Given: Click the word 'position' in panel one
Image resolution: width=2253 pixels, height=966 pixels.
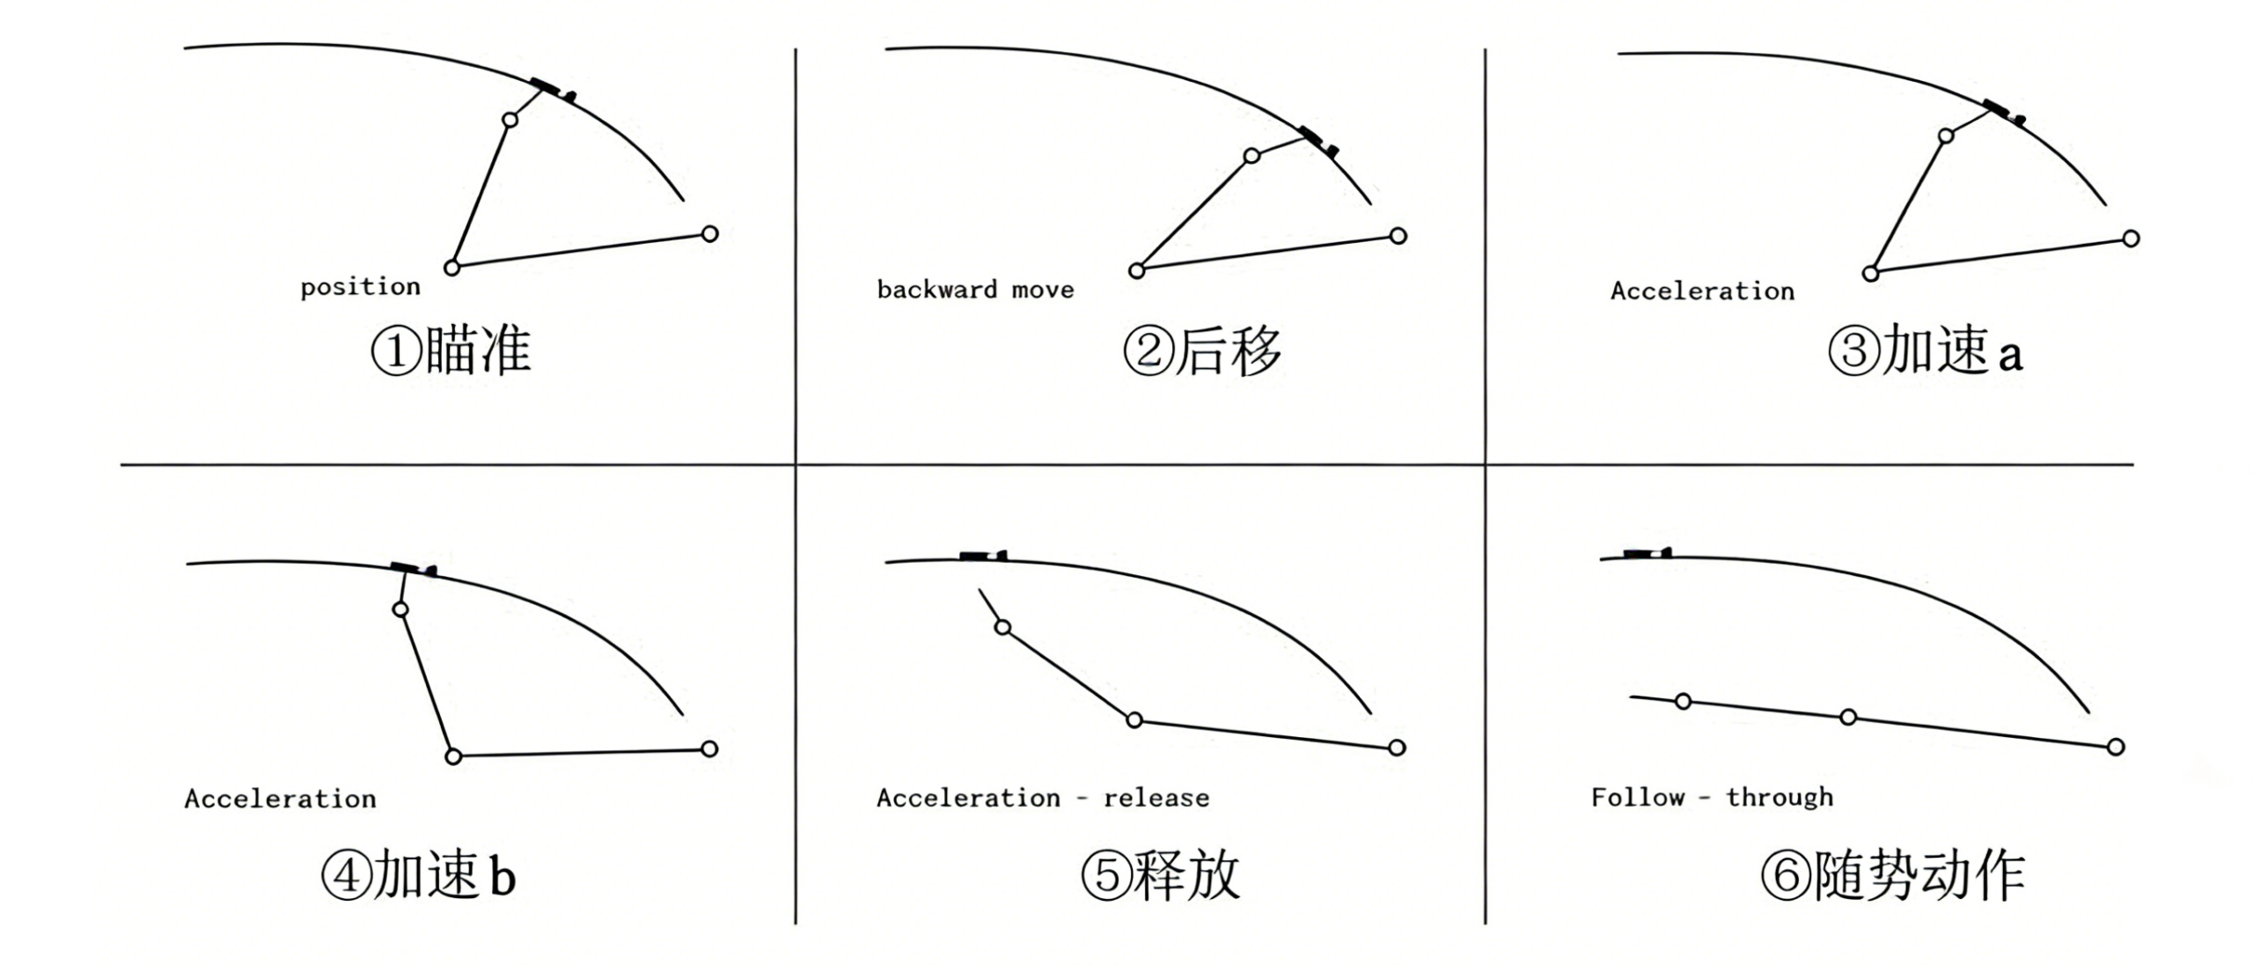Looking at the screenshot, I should (x=360, y=287).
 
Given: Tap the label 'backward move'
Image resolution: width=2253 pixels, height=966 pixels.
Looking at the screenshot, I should (x=975, y=290).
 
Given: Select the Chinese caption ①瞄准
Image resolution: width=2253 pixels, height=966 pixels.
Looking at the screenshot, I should (x=451, y=350).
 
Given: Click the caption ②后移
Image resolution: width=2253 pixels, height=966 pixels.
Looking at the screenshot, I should (x=1202, y=350).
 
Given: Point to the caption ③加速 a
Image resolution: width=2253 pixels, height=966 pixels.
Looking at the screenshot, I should (x=1926, y=350).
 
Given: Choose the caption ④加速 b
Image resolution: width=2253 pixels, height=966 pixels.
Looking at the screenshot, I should (x=418, y=875).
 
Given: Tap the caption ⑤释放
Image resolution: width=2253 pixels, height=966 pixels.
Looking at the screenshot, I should (x=1160, y=875).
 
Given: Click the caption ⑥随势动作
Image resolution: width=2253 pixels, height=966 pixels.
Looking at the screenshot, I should (x=1892, y=875).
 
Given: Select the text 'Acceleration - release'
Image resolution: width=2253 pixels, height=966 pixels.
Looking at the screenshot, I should (x=1043, y=798).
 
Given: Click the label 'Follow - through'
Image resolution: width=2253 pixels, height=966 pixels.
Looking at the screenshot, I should (x=1712, y=797).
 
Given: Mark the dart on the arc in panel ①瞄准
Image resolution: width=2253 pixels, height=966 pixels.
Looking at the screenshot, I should (x=553, y=89).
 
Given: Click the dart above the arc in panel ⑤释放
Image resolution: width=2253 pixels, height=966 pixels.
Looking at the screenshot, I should (x=983, y=556).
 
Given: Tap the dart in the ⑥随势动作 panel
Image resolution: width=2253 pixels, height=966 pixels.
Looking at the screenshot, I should (x=1647, y=553).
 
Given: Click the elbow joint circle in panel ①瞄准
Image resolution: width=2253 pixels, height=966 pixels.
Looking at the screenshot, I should (x=452, y=267).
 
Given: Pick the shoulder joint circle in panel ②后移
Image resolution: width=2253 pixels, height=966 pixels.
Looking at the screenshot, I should (x=1398, y=235).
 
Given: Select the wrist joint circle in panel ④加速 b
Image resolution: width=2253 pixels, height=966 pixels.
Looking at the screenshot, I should (x=400, y=609).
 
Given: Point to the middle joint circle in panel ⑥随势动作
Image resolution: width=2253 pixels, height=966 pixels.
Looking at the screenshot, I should (x=1848, y=717).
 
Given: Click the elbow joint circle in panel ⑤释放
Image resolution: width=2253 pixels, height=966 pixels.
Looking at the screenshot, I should (x=1134, y=719).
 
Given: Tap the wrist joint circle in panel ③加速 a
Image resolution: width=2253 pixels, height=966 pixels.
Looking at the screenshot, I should (x=1946, y=136).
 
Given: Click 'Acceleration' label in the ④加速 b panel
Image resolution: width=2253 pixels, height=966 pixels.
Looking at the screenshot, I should (x=280, y=799).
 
